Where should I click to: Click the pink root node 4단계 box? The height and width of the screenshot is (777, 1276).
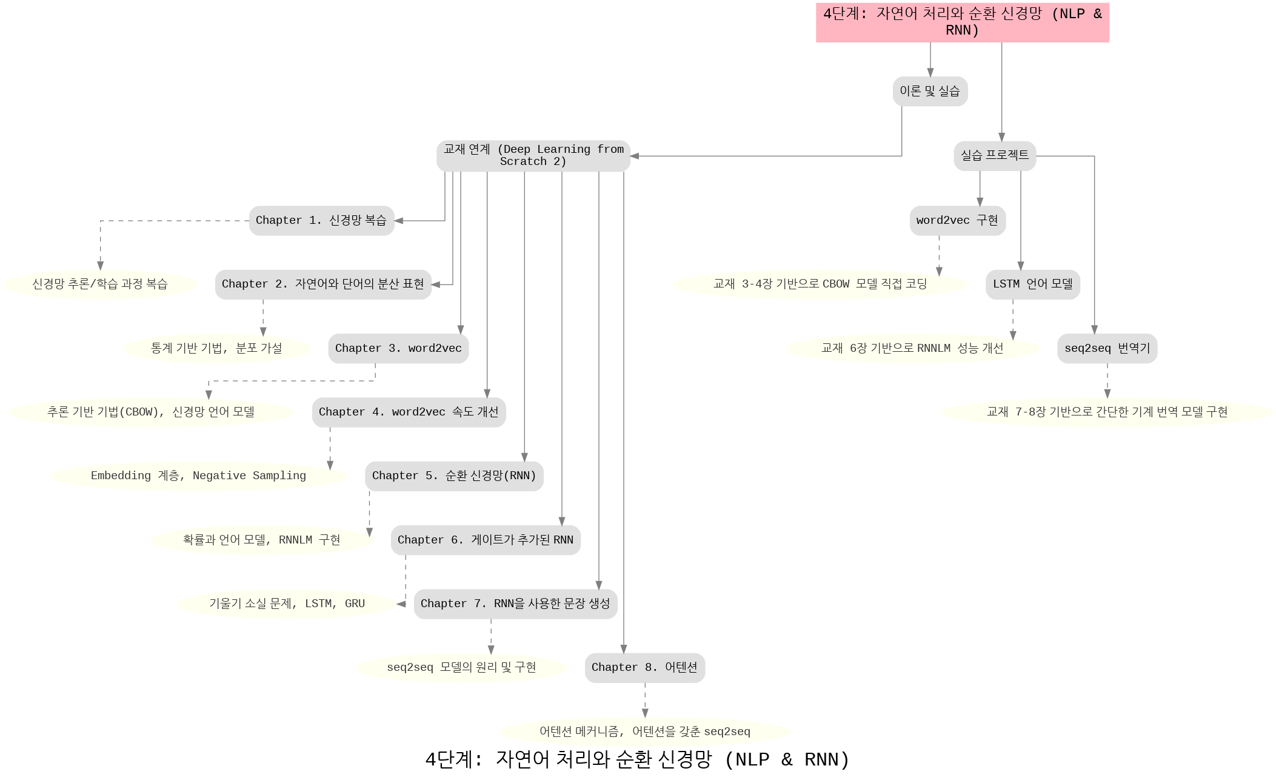pos(962,22)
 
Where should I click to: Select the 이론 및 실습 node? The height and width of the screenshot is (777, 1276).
pos(930,92)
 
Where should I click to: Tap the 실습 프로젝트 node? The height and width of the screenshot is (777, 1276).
pos(995,156)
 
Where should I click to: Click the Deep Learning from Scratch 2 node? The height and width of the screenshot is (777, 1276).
pos(533,156)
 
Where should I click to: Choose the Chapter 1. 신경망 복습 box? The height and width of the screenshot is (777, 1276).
pos(321,221)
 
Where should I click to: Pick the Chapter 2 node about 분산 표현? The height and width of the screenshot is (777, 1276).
pos(323,284)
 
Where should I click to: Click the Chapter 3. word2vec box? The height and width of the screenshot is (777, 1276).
pos(398,349)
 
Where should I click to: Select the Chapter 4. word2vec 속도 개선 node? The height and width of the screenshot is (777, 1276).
pos(409,412)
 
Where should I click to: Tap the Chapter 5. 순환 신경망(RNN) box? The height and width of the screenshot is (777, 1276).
pos(454,476)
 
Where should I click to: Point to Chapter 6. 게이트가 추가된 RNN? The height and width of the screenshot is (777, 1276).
pos(486,540)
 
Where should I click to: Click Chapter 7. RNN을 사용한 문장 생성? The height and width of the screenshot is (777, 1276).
pos(515,604)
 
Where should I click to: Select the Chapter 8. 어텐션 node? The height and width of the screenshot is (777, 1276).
pos(644,668)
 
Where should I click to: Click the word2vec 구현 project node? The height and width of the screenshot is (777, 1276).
pos(957,221)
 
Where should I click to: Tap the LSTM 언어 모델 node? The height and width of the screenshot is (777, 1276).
pos(1032,284)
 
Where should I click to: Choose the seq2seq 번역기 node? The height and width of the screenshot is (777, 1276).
pos(1107,349)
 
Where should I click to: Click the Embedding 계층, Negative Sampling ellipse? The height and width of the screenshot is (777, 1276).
pos(199,476)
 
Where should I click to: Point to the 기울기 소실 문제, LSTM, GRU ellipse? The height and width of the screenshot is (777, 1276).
pos(287,604)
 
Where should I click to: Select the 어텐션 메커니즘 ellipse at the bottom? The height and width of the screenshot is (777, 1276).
pos(645,732)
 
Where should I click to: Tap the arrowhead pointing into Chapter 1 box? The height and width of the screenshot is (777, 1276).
pos(399,221)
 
